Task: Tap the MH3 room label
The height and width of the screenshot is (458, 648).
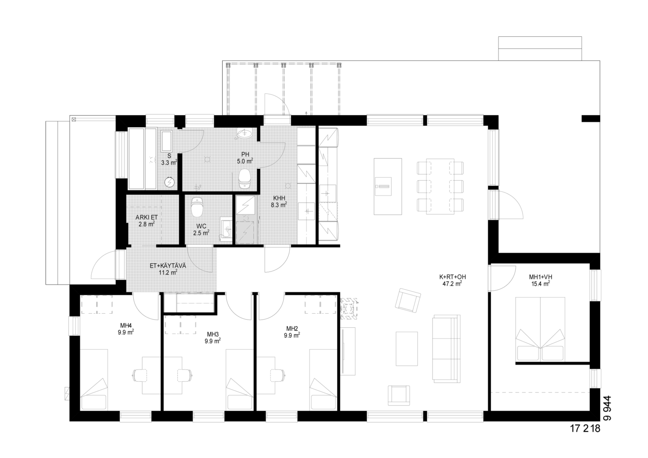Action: click(x=212, y=334)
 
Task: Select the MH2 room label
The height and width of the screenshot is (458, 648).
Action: click(x=292, y=329)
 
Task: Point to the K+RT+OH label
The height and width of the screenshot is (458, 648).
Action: click(x=452, y=277)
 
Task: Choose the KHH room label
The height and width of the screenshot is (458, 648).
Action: click(x=279, y=198)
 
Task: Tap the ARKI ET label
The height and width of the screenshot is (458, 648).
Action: click(x=146, y=217)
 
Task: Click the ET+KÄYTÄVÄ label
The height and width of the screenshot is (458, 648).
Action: click(x=168, y=266)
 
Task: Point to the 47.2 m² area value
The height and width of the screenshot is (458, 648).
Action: click(x=452, y=284)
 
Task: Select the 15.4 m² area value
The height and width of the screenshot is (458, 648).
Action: click(x=540, y=284)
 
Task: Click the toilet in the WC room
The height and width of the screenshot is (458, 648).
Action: click(x=196, y=207)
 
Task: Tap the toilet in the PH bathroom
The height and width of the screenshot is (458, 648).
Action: click(x=244, y=179)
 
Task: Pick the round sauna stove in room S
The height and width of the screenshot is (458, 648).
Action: click(x=169, y=182)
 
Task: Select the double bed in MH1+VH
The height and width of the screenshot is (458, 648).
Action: click(x=540, y=329)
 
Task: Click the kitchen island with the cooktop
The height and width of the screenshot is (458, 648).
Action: click(x=387, y=187)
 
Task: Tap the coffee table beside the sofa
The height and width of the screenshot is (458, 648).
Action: click(x=407, y=349)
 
